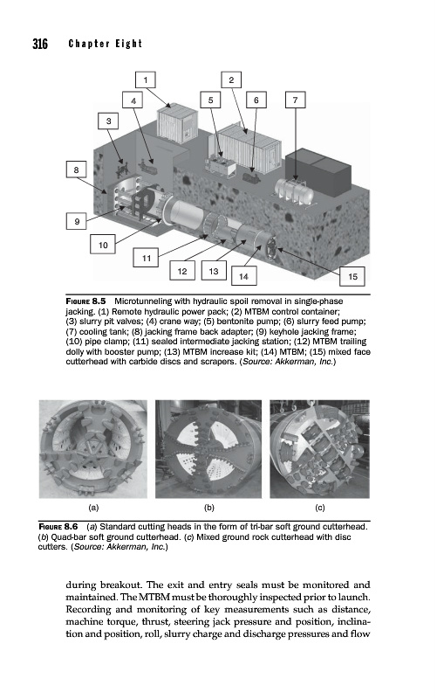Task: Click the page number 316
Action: click(x=40, y=44)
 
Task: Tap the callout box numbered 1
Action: click(x=146, y=80)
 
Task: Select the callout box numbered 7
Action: click(x=295, y=100)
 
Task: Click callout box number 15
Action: click(x=352, y=276)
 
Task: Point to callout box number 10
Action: click(x=103, y=245)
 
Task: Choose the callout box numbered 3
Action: click(x=108, y=121)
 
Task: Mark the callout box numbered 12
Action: click(x=182, y=271)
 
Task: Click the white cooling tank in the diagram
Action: click(x=294, y=190)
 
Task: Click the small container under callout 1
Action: click(x=177, y=122)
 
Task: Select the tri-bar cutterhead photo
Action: click(x=93, y=449)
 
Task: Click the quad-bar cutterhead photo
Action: click(x=208, y=449)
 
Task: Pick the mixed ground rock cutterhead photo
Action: click(x=319, y=449)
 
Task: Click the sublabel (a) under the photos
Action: click(x=93, y=508)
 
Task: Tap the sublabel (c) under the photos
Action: click(x=320, y=508)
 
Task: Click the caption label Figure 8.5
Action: click(x=85, y=301)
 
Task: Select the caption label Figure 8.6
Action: click(x=58, y=527)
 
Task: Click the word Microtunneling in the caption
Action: click(x=141, y=301)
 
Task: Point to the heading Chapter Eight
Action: click(x=106, y=44)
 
